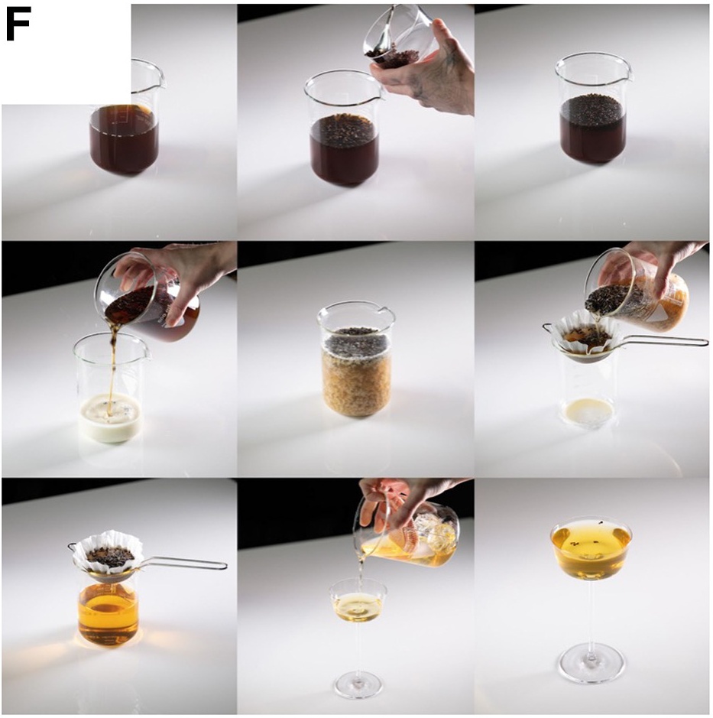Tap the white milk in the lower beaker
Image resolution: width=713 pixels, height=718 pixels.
110,418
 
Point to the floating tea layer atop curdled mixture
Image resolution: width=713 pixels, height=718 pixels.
356,342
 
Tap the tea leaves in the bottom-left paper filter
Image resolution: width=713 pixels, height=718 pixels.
110,554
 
